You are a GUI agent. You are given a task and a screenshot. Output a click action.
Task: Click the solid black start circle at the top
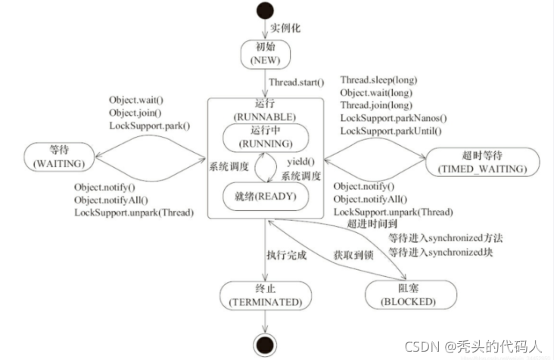click(266, 11)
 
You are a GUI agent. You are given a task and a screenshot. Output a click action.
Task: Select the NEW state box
click(265, 52)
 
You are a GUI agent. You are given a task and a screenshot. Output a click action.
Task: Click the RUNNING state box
click(265, 135)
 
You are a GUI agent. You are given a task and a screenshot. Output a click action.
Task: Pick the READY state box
click(265, 196)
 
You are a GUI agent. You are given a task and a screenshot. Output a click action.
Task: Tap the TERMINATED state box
click(261, 293)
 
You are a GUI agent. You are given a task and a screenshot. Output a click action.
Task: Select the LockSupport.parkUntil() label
click(392, 132)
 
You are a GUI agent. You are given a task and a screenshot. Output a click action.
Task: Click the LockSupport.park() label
click(150, 126)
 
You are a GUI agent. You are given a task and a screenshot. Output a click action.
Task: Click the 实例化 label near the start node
click(287, 28)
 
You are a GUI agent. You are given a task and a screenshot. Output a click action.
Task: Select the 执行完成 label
click(286, 255)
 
